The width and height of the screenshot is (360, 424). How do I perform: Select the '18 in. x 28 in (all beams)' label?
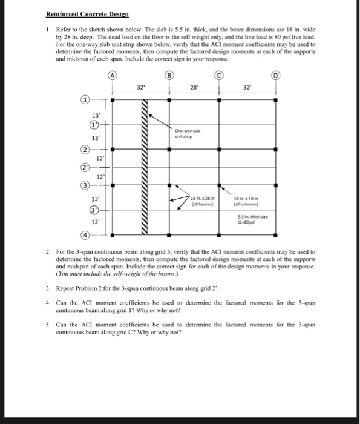click(x=200, y=202)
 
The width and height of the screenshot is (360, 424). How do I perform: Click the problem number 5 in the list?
click(x=48, y=325)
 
